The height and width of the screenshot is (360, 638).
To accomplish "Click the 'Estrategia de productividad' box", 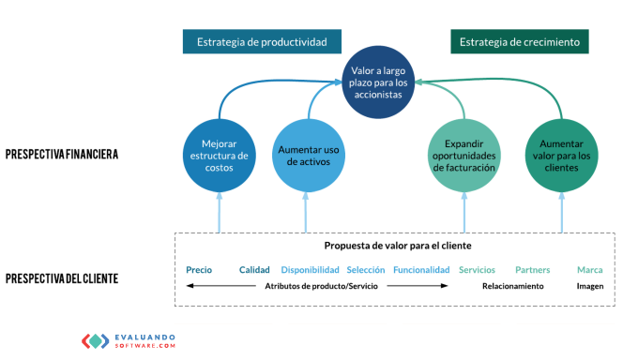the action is click(262, 41).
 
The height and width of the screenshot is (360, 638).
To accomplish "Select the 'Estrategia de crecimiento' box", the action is click(520, 41).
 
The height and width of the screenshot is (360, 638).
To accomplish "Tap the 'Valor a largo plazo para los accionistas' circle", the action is click(378, 82).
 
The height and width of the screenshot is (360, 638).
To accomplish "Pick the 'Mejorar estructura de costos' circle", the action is click(220, 156).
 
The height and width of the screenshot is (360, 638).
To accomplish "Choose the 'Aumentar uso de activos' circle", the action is click(309, 156).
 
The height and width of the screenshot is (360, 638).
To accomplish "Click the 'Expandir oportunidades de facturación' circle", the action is click(464, 156).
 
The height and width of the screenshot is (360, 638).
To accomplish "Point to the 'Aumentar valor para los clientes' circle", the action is click(561, 156).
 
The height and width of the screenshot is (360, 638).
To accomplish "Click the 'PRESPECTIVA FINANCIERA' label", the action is click(62, 154).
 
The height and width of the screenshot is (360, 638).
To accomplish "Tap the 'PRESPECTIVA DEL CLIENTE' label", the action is click(62, 278).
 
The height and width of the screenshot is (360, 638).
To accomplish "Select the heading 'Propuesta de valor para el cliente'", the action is click(398, 246).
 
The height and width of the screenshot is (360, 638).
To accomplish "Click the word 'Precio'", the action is click(199, 270).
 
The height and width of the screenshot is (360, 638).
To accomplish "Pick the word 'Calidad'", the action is click(254, 270).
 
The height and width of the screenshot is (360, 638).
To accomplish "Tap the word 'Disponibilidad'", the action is click(310, 270).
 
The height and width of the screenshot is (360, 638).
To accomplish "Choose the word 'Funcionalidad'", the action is click(421, 270).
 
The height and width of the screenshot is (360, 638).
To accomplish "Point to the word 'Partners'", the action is click(533, 270).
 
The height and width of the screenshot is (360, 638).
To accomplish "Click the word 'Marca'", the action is click(590, 270).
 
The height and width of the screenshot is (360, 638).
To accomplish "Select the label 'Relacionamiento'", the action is click(513, 286).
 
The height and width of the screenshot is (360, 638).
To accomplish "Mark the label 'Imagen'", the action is click(590, 286).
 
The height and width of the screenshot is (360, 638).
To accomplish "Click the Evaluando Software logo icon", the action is click(96, 341).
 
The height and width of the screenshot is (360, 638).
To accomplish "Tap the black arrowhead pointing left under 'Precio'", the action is click(190, 286).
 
